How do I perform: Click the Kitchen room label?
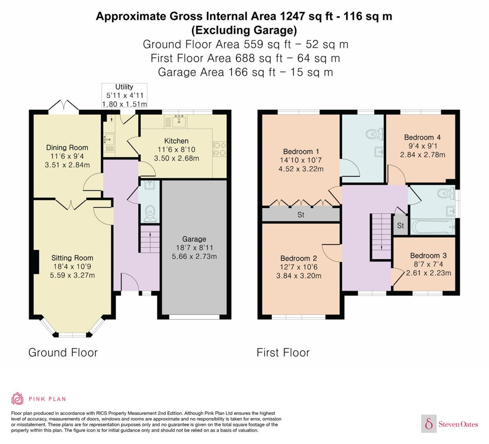tap(176, 141)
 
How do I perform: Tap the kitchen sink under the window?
tap(179, 121)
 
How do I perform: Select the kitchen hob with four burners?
tap(220, 149)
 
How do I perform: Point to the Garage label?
tap(194, 239)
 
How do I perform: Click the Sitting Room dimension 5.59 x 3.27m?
tap(72, 275)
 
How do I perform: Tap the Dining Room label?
tap(67, 148)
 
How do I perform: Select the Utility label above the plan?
tap(124, 87)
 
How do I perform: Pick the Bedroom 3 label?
tap(428, 256)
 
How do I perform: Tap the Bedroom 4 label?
tap(422, 137)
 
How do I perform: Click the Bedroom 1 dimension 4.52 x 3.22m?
tap(301, 169)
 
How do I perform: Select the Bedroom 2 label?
tap(298, 258)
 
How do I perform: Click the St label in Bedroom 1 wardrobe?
tap(301, 215)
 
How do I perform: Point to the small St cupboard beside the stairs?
tap(400, 225)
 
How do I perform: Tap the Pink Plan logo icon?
tap(17, 399)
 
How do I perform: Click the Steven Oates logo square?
tap(429, 423)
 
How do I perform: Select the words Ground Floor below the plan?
tap(63, 352)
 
